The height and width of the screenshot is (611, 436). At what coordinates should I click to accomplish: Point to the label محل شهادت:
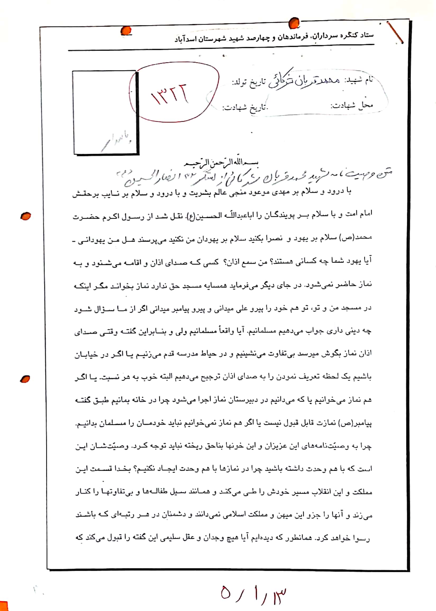point(351,106)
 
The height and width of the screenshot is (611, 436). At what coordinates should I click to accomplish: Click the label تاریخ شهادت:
point(245,108)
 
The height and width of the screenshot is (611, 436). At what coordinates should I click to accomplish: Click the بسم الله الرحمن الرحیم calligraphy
point(221,163)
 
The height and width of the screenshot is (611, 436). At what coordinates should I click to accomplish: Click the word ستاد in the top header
point(367,35)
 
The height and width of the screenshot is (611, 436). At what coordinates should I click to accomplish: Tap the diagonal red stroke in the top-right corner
point(395,33)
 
